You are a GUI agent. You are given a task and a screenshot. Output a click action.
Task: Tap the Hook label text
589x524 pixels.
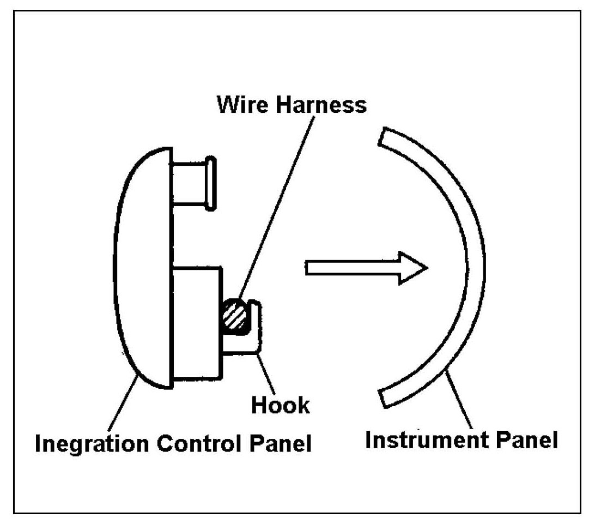[x=281, y=405]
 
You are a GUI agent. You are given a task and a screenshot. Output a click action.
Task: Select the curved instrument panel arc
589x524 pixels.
[x=474, y=267]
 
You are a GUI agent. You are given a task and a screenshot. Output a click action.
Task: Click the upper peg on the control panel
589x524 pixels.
[x=191, y=183]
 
